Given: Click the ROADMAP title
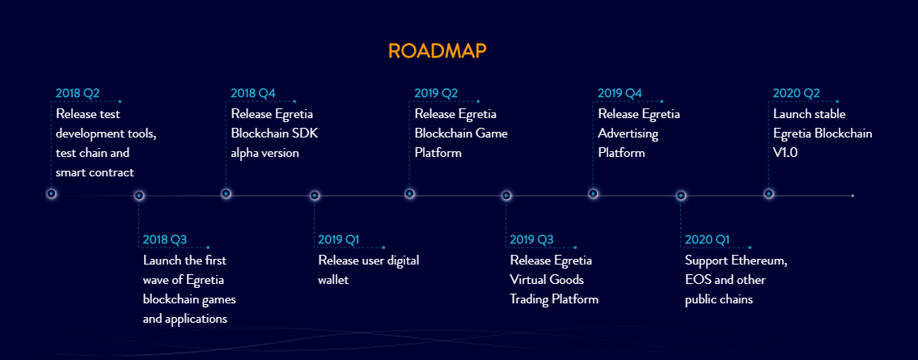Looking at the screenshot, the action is click(x=437, y=51).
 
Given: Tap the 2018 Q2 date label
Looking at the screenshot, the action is click(x=78, y=93).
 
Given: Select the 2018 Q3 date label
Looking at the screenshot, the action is click(x=165, y=239).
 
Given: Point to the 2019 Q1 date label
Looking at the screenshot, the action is click(x=338, y=239).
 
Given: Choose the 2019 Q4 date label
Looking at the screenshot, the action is click(x=620, y=93).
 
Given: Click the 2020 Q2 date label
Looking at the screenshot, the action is click(x=796, y=93).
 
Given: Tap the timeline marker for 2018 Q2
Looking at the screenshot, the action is click(x=52, y=194).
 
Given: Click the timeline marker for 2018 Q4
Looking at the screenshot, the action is click(x=226, y=194).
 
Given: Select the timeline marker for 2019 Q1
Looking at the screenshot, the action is click(x=315, y=196).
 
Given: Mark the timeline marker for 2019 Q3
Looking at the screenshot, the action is click(x=506, y=196).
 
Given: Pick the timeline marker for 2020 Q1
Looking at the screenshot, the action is click(x=681, y=196).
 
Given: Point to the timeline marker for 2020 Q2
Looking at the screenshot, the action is click(x=768, y=194).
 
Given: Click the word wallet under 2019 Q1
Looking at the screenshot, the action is click(x=334, y=280).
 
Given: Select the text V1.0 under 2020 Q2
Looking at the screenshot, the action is click(x=785, y=153).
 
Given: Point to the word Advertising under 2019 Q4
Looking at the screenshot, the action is click(x=628, y=134).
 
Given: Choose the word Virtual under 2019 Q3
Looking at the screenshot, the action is click(x=529, y=280).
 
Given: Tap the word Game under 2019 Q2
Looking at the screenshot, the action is click(x=493, y=133).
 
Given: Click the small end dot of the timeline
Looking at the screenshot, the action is click(x=852, y=196).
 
